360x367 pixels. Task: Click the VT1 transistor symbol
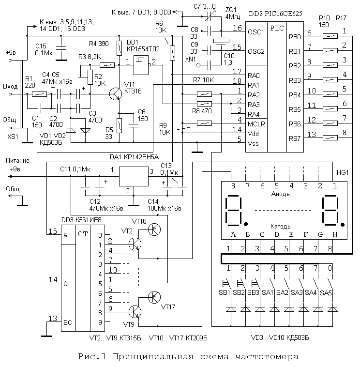point(116,94)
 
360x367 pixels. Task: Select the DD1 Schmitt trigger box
point(141,65)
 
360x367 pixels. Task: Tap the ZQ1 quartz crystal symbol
point(221,41)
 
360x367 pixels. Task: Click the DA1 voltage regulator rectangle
point(134,177)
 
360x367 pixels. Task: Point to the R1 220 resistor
point(39,94)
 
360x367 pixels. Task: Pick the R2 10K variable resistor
point(90,77)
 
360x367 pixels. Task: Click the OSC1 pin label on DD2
point(256,32)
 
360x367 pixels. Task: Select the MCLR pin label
point(256,124)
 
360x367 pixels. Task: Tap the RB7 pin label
point(295,138)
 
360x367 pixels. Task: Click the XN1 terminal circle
point(198,65)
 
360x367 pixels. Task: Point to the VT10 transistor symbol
point(154,229)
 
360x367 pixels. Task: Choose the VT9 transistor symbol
point(135,312)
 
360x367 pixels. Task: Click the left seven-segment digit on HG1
point(234,211)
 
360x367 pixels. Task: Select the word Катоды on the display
point(281,226)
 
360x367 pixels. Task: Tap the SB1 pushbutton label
point(225,292)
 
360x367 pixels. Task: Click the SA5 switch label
point(326,293)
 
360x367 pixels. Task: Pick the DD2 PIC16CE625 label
point(275,14)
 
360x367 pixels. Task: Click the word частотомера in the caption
point(267,357)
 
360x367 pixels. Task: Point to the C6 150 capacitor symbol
point(134,126)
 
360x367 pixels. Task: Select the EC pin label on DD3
point(68,322)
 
